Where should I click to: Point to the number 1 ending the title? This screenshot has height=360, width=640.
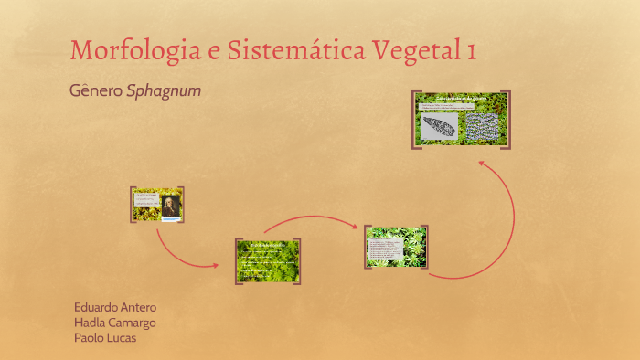(x=470, y=50)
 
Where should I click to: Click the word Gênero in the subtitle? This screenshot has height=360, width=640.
(x=95, y=91)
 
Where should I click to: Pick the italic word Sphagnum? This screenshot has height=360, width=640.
(x=164, y=92)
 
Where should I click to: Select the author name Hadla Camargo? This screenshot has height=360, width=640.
(x=114, y=323)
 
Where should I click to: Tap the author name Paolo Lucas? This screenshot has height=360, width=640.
(x=105, y=338)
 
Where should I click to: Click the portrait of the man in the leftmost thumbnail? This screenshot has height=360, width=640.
(x=169, y=206)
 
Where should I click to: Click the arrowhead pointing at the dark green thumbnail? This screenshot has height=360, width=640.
(x=216, y=266)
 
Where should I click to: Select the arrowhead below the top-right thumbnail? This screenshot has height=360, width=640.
(x=481, y=161)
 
